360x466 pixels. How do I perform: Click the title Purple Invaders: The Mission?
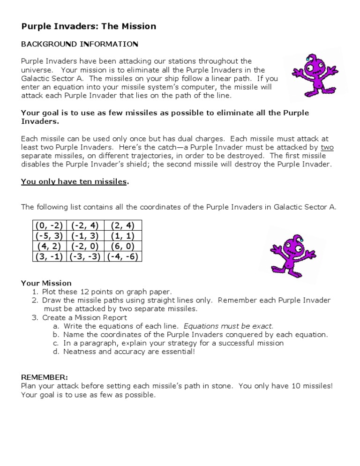tap(89, 26)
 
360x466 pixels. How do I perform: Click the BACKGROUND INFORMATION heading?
tap(80, 44)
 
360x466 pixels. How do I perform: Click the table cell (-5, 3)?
tap(49, 235)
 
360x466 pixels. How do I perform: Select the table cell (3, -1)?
tap(49, 256)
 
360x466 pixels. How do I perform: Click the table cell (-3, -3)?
tap(85, 256)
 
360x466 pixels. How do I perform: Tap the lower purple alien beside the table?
tap(288, 255)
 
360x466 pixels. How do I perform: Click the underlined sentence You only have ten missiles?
tap(74, 181)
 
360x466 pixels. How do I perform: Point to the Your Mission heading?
tap(46, 283)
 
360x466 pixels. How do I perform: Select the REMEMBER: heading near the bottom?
tap(45, 377)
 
